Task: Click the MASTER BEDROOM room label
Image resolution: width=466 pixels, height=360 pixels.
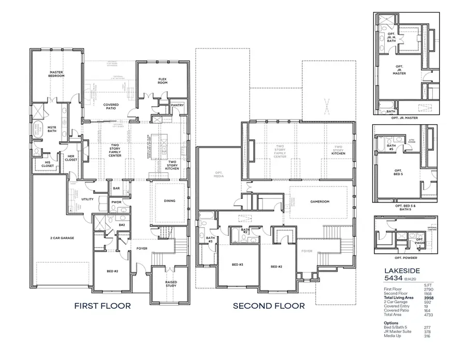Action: (x=56, y=74)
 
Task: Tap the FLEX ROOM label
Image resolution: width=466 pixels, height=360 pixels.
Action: (x=163, y=81)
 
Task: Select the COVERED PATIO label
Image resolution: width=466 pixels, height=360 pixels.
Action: (x=111, y=107)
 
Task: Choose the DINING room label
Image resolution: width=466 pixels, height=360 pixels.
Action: (x=169, y=201)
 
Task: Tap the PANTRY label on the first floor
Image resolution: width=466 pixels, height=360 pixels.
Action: (x=178, y=105)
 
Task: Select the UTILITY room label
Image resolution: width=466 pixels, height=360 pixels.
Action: (x=88, y=199)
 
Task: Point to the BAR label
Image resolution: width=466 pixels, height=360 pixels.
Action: (x=117, y=189)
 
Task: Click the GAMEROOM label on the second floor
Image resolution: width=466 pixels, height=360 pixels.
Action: (x=319, y=201)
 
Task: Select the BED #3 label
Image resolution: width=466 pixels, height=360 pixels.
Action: (x=238, y=265)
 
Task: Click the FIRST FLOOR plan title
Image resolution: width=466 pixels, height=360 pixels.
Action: (x=102, y=306)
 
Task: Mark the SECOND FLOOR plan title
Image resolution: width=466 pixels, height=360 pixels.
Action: (x=269, y=306)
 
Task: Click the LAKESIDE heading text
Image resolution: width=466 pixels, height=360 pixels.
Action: (x=402, y=270)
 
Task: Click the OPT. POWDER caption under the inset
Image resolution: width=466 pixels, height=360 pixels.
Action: (x=405, y=257)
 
